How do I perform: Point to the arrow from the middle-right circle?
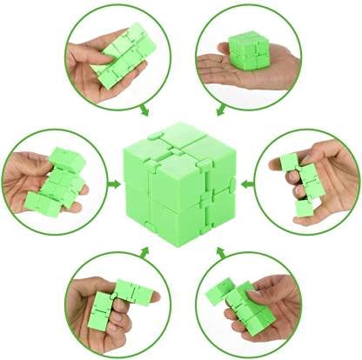click(245, 184)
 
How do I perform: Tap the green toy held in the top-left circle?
click(122, 57)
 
